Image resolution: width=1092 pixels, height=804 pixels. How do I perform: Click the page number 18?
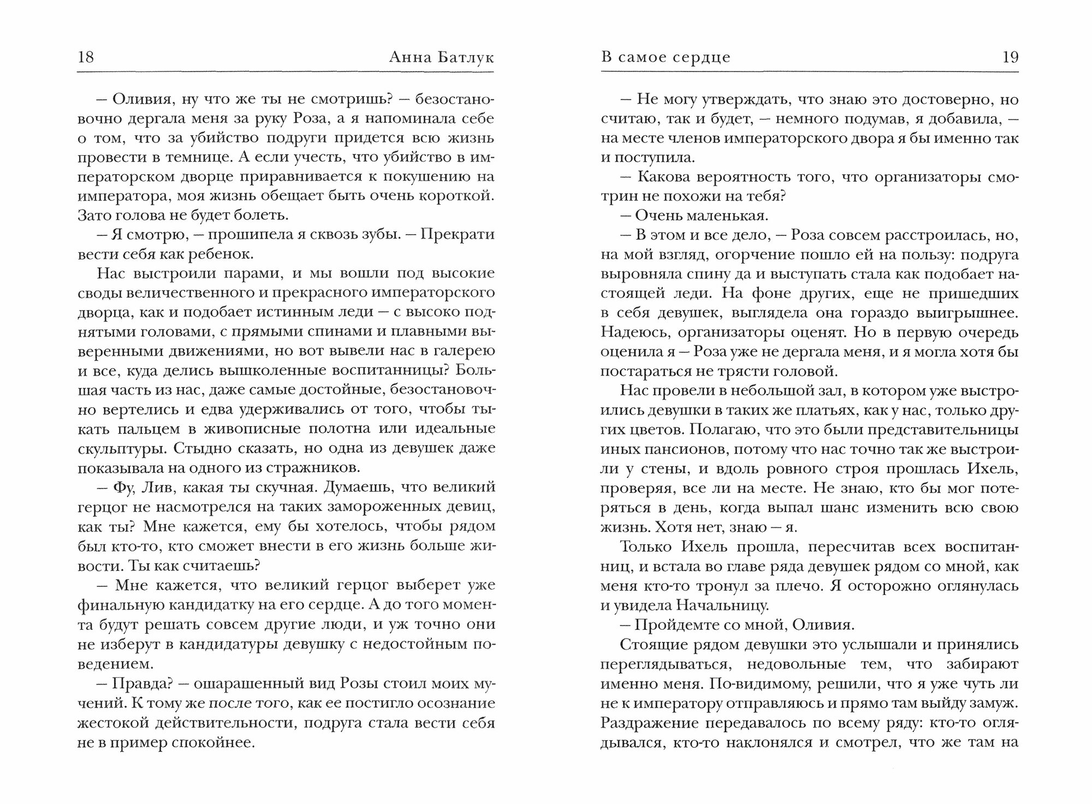tap(86, 57)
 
